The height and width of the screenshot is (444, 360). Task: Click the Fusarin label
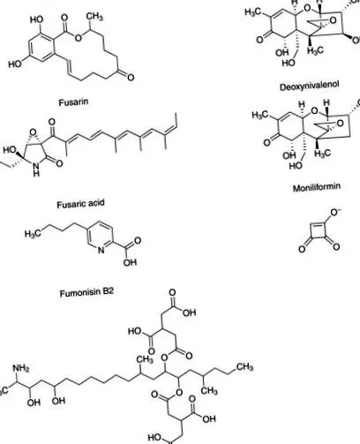[73, 102]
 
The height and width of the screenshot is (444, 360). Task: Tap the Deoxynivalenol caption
[310, 87]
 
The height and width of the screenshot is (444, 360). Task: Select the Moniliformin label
[317, 187]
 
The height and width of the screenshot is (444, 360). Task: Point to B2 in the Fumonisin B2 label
[108, 292]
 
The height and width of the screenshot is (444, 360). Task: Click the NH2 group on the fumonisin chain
[21, 368]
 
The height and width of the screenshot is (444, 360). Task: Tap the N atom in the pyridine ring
[101, 251]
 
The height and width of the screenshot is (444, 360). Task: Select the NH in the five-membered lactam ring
[36, 170]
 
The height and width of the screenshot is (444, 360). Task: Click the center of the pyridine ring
[101, 235]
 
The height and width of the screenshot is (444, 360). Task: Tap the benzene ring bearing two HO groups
[41, 47]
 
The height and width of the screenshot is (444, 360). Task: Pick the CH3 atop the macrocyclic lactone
[94, 16]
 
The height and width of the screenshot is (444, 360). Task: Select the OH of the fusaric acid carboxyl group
[130, 262]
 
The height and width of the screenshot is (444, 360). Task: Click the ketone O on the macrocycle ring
[131, 78]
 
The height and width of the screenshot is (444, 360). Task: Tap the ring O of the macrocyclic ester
[78, 37]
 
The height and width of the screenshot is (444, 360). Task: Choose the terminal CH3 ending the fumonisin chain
[244, 366]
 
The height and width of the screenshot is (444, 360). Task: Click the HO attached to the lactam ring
[10, 150]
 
